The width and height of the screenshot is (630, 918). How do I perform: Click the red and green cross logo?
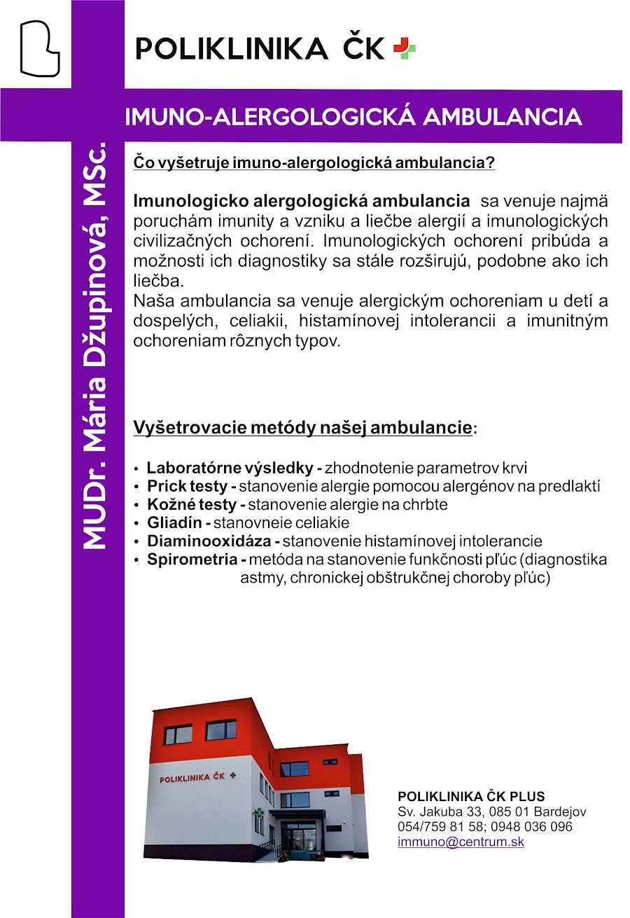[x=404, y=48]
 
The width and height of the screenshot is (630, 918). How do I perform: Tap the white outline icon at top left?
[x=39, y=48]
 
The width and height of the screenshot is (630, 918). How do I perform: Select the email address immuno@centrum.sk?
[x=461, y=842]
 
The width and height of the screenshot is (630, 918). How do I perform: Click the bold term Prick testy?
[x=187, y=486]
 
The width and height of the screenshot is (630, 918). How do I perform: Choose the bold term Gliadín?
[x=174, y=522]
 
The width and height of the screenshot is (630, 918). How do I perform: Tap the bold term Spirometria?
[x=192, y=559]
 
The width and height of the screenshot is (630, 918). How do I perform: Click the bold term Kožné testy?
[x=191, y=504]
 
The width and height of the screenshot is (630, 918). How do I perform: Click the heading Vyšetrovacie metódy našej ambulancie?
[x=302, y=428]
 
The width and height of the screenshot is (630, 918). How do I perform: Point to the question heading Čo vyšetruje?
[x=314, y=163]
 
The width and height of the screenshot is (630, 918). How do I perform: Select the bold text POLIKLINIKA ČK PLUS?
[x=471, y=797]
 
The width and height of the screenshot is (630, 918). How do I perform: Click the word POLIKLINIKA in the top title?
[x=231, y=49]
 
